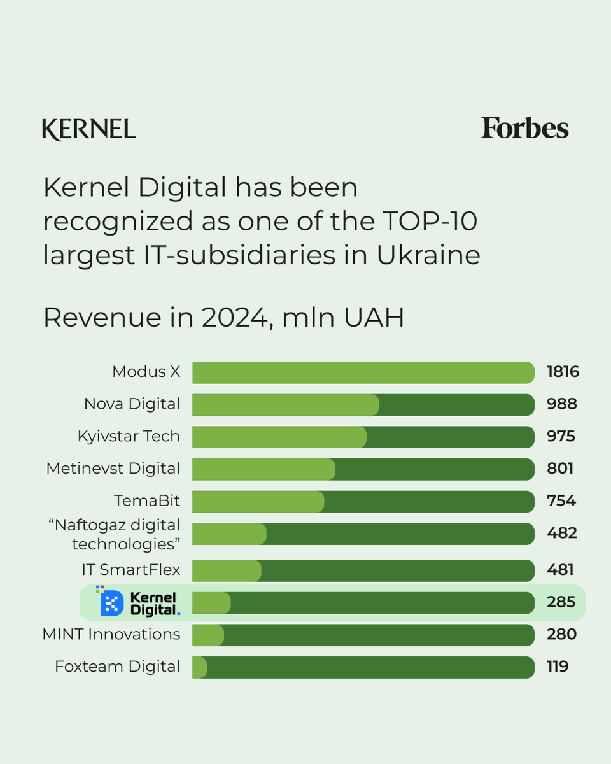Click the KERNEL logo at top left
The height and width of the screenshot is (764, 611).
click(89, 129)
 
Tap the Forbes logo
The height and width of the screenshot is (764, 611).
click(524, 128)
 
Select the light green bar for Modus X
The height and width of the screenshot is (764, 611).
click(363, 372)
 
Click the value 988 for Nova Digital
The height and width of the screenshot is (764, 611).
click(561, 404)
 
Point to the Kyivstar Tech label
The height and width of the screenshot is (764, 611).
click(129, 436)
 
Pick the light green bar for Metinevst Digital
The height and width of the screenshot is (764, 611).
click(263, 469)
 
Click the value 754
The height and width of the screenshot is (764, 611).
click(561, 501)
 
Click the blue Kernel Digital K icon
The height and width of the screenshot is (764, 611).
click(111, 603)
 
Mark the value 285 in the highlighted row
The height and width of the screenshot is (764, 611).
click(561, 602)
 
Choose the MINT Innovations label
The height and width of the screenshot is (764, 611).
click(111, 634)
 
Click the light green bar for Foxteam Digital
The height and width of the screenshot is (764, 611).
click(200, 667)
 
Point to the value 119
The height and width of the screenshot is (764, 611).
click(558, 667)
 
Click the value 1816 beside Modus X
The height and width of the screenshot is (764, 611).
click(563, 372)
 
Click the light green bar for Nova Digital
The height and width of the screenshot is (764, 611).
click(285, 405)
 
